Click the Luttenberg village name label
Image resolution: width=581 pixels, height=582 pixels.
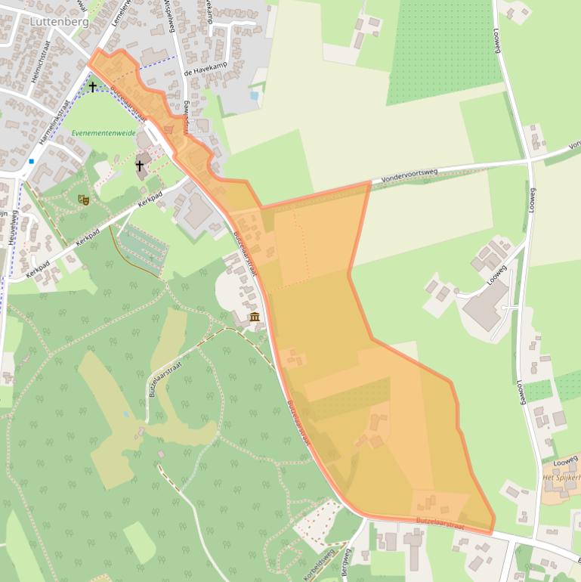[59, 22]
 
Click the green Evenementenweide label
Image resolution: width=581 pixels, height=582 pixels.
[104, 133]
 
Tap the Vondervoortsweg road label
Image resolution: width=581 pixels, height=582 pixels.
[409, 175]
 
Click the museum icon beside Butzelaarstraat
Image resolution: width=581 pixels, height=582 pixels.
[255, 317]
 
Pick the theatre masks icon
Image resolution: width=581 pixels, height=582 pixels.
[83, 200]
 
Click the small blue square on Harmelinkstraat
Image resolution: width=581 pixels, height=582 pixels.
[32, 161]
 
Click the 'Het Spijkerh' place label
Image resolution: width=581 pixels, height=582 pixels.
[561, 478]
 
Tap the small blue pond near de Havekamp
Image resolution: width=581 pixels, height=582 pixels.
[255, 96]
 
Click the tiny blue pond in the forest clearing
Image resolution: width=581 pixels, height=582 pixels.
[125, 414]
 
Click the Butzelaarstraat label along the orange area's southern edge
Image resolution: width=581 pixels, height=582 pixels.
[440, 522]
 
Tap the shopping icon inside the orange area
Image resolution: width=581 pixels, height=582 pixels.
[168, 129]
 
